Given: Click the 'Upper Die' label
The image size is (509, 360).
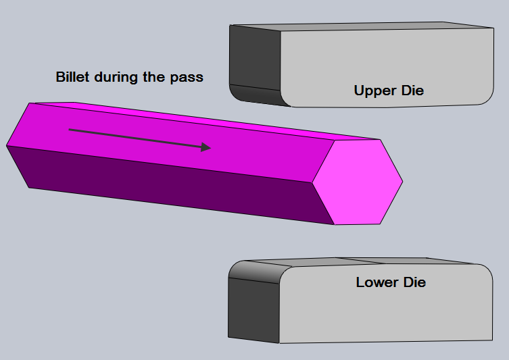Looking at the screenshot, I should click(x=389, y=91).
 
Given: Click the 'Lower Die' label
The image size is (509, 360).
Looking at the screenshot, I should click(x=391, y=282).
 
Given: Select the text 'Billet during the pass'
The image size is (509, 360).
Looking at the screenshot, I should click(x=129, y=77).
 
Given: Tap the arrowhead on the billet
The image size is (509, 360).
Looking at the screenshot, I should click(x=205, y=147).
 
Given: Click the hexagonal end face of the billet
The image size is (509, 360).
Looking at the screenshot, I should click(x=358, y=182).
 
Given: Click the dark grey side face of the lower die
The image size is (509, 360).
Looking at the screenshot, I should click(x=253, y=310).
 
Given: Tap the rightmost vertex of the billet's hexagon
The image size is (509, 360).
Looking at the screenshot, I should click(x=402, y=182).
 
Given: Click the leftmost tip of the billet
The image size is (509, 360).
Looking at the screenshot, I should click(x=7, y=145).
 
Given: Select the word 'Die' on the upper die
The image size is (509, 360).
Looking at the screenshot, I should click(x=412, y=91).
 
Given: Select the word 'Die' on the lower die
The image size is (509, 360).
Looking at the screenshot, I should click(x=414, y=282).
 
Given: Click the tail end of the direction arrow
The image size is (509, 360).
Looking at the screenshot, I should click(x=70, y=130).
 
